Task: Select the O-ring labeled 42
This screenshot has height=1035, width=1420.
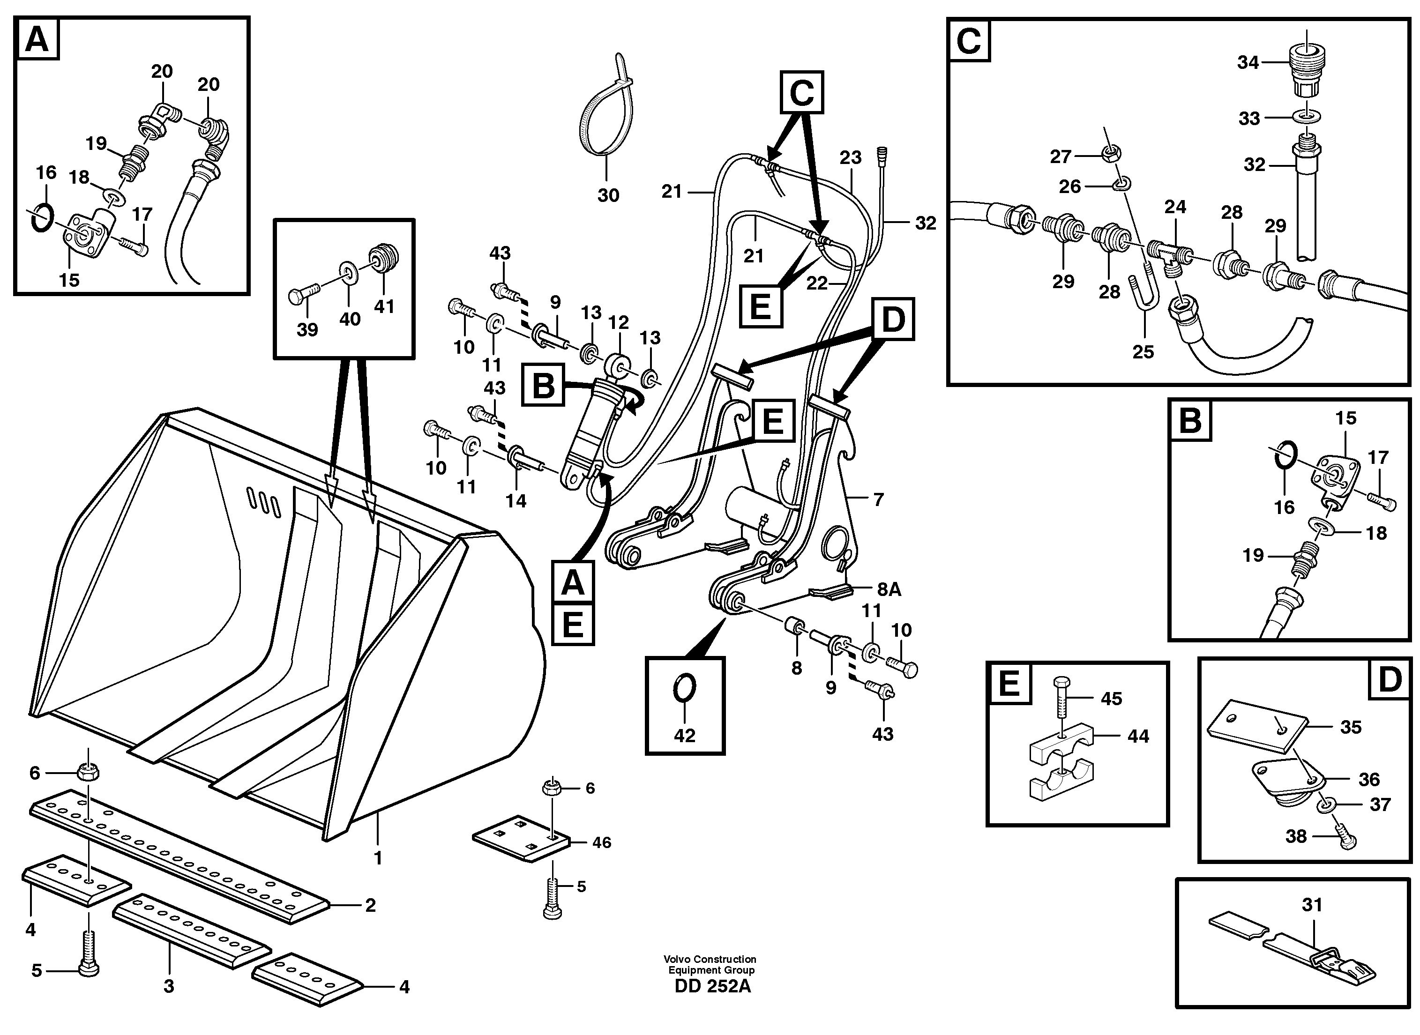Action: click(684, 689)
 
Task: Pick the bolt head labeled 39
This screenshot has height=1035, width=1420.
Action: click(296, 296)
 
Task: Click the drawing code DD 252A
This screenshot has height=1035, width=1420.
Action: click(712, 986)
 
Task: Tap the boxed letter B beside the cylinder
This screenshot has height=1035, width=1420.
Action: click(543, 385)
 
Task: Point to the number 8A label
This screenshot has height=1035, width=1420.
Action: click(889, 589)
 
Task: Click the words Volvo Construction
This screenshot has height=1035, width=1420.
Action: click(710, 959)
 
